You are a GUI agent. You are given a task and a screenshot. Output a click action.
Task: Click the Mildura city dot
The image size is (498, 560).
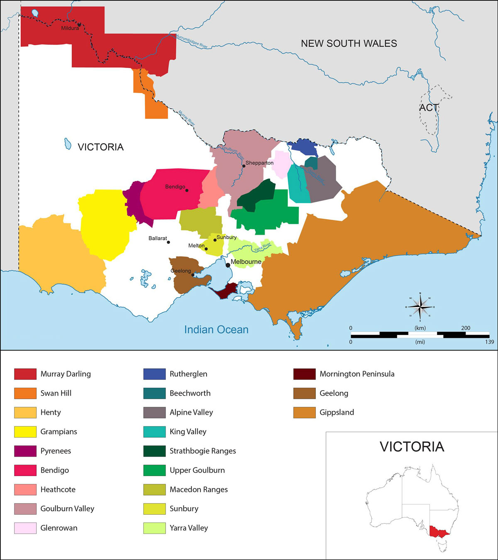point(79,24)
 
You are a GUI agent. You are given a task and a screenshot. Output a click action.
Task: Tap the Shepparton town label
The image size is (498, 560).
point(259,163)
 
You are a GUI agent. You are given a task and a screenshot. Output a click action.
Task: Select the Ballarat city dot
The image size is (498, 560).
point(168,242)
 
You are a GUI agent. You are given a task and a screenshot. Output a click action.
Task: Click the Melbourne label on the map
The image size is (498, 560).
point(246,262)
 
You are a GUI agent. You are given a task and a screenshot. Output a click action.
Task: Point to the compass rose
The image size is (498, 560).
point(420,307)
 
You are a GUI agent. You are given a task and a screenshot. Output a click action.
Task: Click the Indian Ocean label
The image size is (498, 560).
point(216,330)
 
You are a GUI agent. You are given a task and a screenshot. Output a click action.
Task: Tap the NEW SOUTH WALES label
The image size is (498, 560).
point(349,44)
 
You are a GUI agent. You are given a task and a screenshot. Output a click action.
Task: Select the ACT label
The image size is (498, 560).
point(429,108)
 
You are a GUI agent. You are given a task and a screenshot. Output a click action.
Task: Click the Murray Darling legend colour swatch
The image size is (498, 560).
point(25,374)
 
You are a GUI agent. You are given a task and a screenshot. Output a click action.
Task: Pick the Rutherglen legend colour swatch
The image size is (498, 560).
point(154,374)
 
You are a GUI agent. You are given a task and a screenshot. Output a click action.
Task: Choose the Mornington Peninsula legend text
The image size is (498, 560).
point(357,374)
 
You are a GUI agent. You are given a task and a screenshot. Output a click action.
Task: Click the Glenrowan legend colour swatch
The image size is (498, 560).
point(25,528)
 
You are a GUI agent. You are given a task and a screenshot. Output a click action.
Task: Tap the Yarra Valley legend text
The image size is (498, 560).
point(189,528)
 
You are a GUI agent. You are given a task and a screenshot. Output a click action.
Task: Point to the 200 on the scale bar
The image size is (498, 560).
point(466,328)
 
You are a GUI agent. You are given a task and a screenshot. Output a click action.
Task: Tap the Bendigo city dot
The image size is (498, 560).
point(187,191)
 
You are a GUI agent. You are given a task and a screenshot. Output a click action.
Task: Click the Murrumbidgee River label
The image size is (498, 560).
point(192,42)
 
